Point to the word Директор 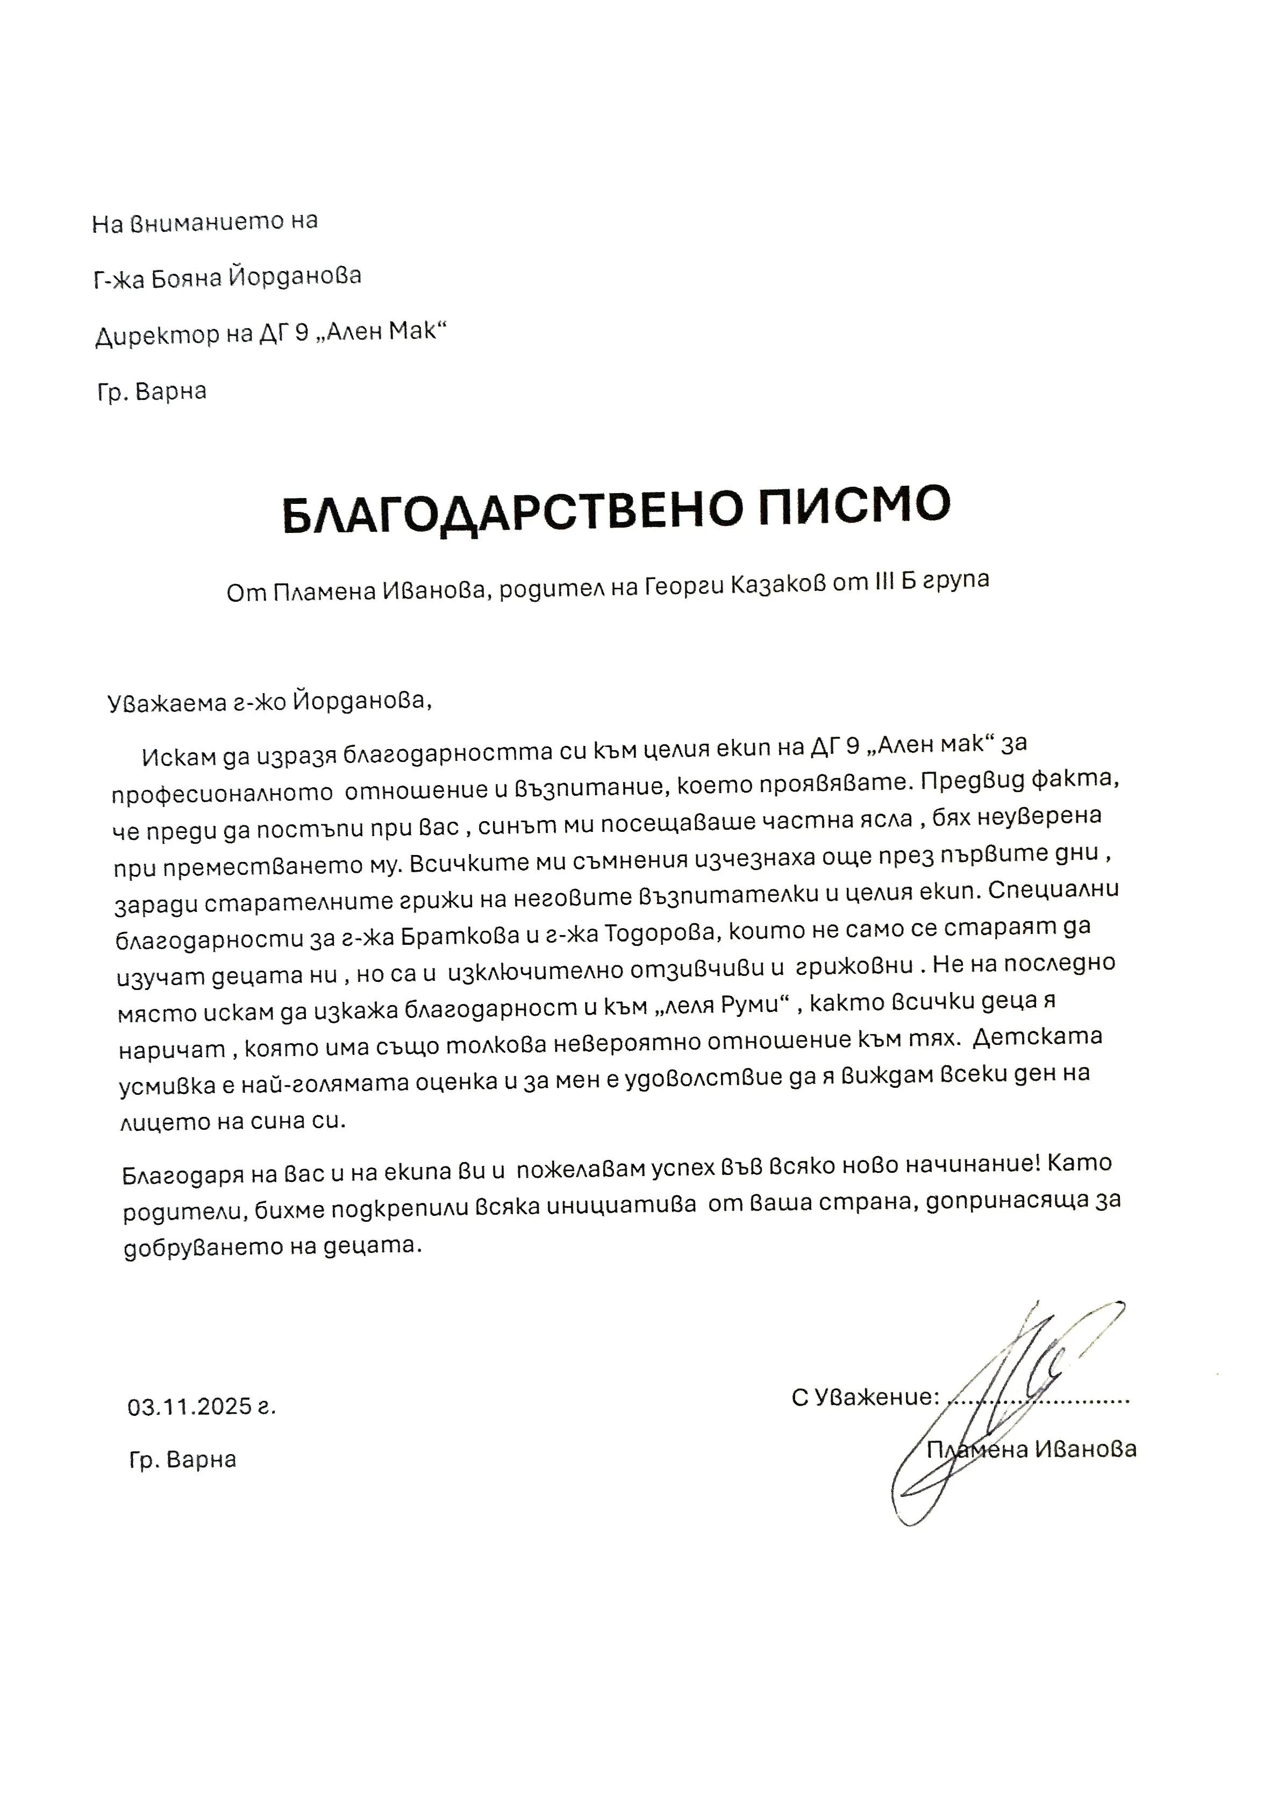pyautogui.click(x=156, y=336)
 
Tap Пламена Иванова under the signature pyautogui.click(x=1031, y=1449)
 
